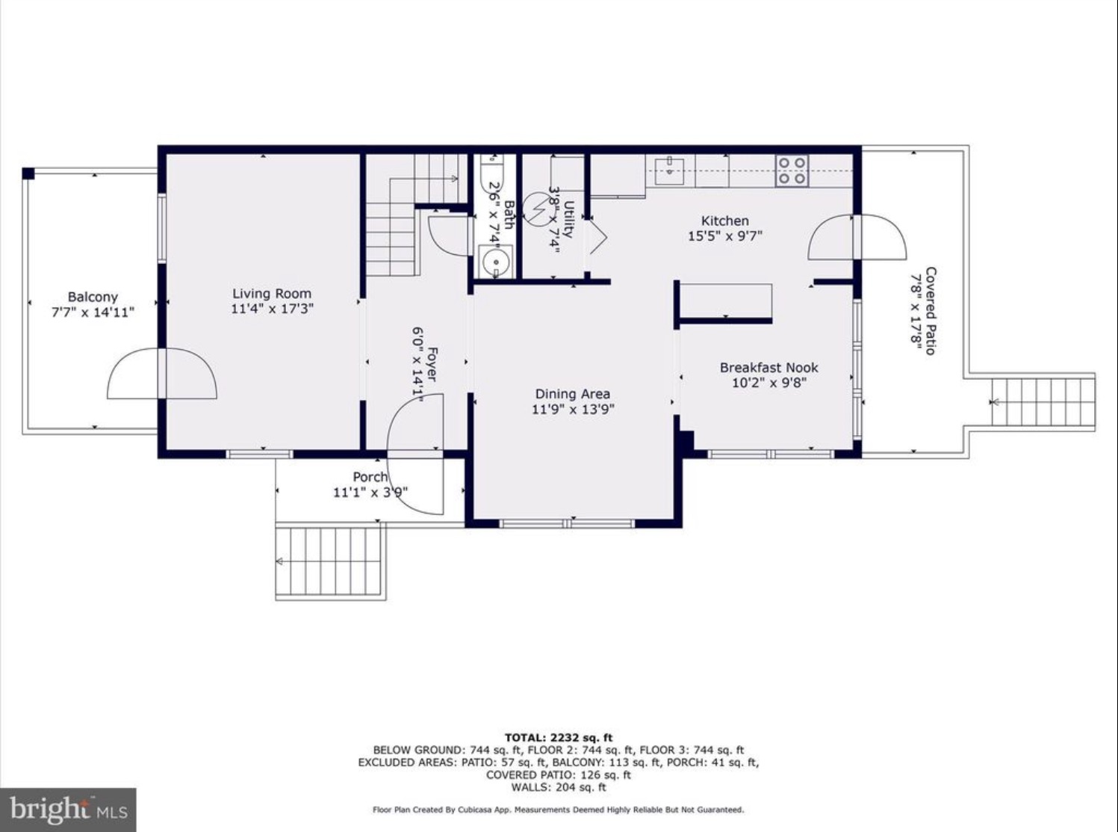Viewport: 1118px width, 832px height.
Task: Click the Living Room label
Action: click(x=272, y=294)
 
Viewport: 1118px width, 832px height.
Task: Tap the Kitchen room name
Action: click(x=725, y=221)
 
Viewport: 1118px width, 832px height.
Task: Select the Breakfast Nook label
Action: click(x=768, y=368)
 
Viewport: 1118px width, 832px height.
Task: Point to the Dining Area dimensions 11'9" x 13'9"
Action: click(x=573, y=409)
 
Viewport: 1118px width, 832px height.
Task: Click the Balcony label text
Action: click(x=93, y=298)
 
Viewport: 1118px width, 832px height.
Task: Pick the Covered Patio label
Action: click(x=931, y=311)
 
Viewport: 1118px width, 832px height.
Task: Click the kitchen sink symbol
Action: click(x=669, y=166)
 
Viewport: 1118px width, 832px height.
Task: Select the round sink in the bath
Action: click(x=495, y=262)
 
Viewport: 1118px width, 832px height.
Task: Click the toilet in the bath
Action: click(x=491, y=174)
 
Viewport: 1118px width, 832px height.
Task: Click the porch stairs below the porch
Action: click(x=330, y=561)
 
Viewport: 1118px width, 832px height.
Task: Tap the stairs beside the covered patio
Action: click(x=1043, y=401)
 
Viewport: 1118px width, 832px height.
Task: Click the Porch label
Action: click(x=370, y=477)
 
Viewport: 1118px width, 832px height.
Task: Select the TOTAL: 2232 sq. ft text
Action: click(x=559, y=739)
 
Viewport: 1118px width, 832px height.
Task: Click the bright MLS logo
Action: click(x=68, y=810)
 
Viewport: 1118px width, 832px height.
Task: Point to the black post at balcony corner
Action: click(x=28, y=173)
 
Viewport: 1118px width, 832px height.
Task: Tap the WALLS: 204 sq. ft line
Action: click(x=559, y=787)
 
